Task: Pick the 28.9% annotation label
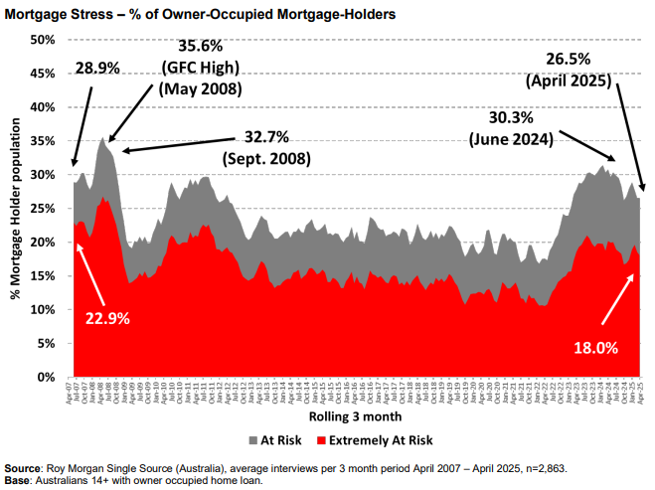click(x=97, y=69)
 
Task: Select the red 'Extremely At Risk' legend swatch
click(x=321, y=438)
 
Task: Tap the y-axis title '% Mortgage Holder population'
click(x=16, y=209)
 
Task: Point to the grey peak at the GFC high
click(x=102, y=140)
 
